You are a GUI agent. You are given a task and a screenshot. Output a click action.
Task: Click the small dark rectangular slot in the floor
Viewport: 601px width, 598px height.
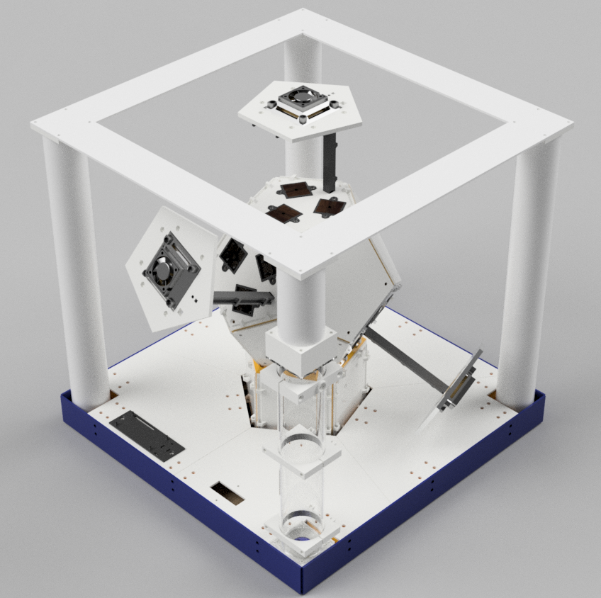[x=227, y=492]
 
